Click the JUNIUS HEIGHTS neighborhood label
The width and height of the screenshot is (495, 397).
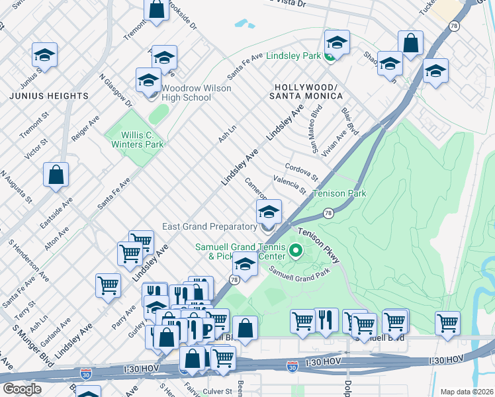[x=49, y=96]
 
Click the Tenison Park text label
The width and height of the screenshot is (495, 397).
[x=339, y=194]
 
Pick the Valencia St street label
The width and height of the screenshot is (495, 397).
[x=289, y=185]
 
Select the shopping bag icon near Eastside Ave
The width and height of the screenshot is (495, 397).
[x=56, y=175]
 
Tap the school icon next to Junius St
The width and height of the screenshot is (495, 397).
[x=44, y=54]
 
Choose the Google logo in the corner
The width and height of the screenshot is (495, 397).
[x=22, y=389]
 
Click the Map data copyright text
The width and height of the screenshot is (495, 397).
[x=466, y=392]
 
